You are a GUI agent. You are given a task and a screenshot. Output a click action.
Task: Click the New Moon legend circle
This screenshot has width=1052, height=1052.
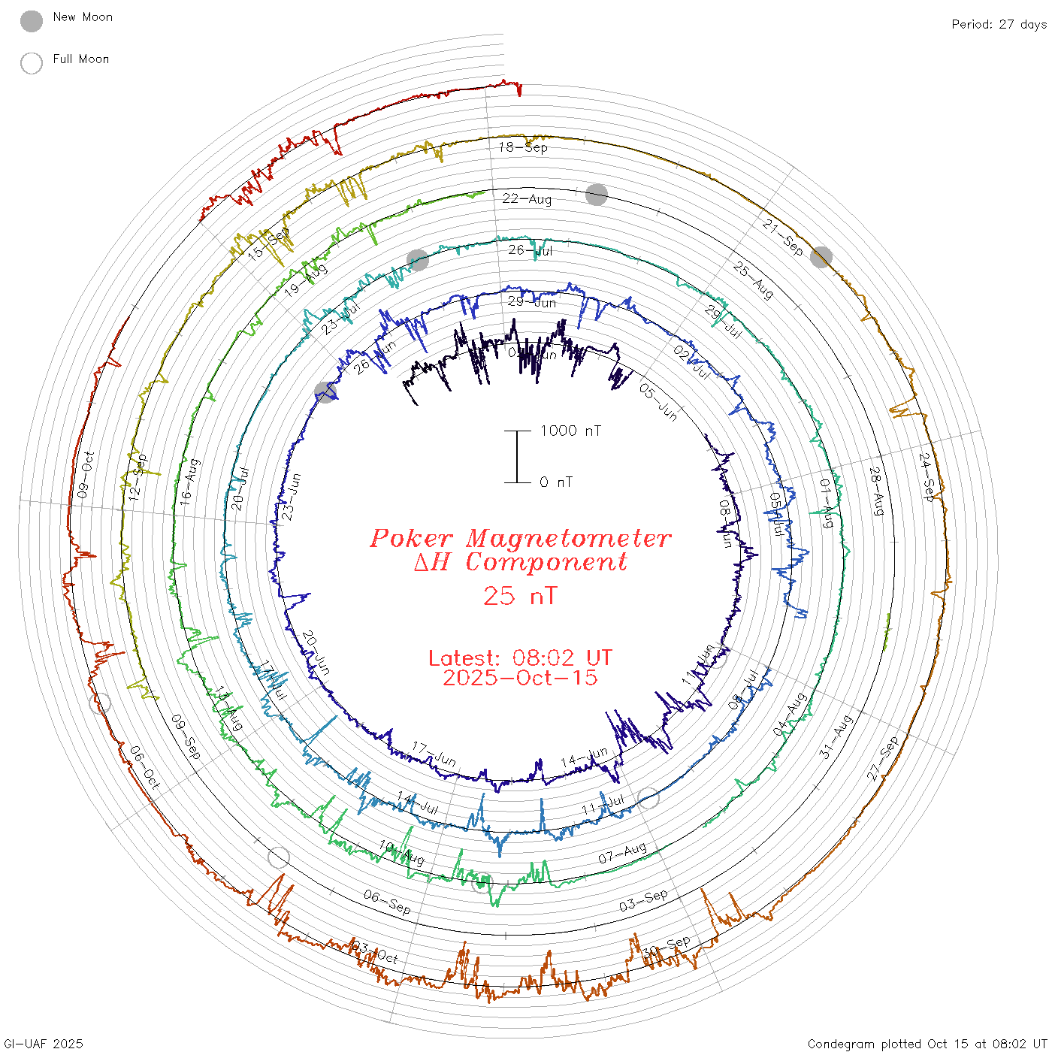(x=32, y=21)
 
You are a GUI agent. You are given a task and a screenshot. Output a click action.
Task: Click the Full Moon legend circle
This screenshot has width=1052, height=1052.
(x=32, y=63)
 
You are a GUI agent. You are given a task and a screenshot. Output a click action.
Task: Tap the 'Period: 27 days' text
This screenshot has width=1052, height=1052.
(x=999, y=24)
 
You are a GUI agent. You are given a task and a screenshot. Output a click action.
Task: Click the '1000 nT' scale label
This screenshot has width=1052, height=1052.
(x=570, y=431)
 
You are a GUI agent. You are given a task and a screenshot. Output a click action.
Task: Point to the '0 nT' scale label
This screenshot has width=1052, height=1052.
(x=556, y=482)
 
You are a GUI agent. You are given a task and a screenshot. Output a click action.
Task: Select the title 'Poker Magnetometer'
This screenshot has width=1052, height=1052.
(x=520, y=538)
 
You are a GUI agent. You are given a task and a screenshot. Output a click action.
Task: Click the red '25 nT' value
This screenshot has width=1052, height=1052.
(x=520, y=596)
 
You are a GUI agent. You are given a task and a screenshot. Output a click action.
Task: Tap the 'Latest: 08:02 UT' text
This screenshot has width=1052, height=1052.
(x=520, y=658)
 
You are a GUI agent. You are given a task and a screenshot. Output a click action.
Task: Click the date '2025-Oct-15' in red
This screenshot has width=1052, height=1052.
(x=520, y=678)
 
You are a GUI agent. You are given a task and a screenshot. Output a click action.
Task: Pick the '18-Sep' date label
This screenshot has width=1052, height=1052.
(x=523, y=147)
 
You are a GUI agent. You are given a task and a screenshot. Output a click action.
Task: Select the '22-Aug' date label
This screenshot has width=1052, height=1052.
(x=527, y=198)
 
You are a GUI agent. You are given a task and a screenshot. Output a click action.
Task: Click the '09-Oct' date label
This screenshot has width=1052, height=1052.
(x=86, y=475)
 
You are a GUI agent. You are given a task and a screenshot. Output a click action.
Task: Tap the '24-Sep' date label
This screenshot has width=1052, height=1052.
(x=927, y=477)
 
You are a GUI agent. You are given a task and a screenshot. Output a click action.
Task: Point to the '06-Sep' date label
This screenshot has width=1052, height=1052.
(x=387, y=902)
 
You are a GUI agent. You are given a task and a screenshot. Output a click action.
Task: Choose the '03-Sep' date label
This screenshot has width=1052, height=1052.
(x=643, y=900)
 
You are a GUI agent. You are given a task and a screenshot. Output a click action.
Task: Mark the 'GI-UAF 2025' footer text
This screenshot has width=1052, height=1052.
(x=44, y=1044)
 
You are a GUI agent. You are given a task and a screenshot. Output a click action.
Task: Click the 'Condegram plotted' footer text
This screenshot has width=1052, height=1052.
(x=864, y=1044)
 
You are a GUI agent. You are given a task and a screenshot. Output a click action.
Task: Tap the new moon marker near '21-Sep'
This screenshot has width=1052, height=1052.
(x=821, y=257)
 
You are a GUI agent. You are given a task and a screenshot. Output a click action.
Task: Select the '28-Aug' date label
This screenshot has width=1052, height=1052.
(x=876, y=491)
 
